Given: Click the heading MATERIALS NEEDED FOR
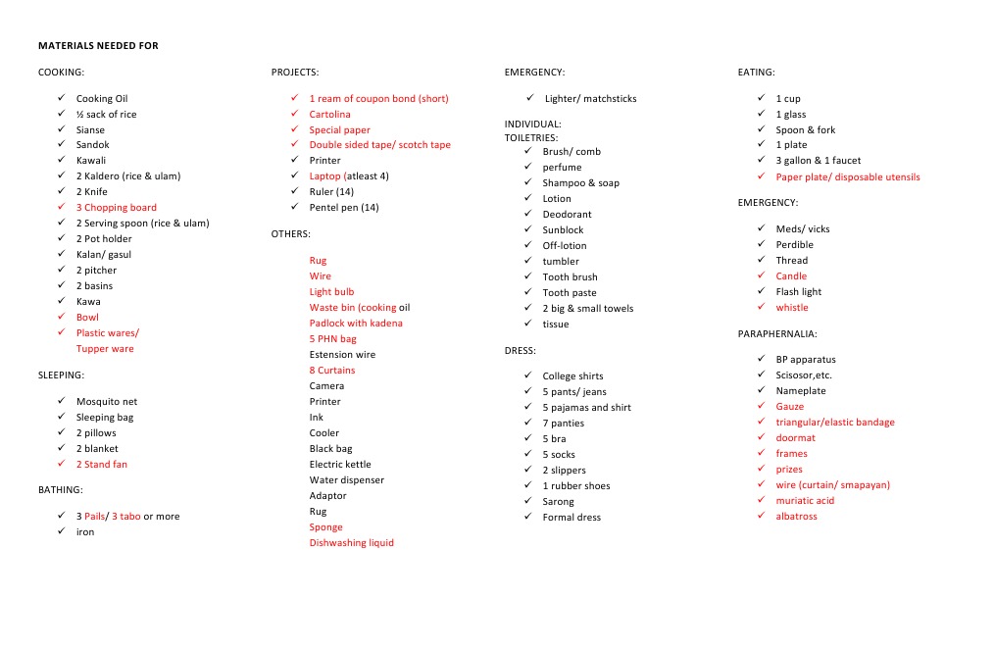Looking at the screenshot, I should [98, 46].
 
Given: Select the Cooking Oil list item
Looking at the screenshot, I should [102, 99].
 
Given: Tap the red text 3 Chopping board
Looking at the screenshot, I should [116, 208].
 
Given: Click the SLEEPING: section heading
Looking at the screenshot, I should [61, 375].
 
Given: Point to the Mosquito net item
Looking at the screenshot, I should [107, 402].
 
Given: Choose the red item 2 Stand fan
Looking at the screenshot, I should [102, 465].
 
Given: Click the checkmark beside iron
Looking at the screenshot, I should [61, 531].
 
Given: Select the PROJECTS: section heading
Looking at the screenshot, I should [295, 73].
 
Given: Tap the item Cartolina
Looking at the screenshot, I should [329, 115].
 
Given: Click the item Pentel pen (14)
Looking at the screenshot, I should [343, 208].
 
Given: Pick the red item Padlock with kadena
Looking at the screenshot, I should [356, 324].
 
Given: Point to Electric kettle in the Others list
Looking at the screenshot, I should [340, 465].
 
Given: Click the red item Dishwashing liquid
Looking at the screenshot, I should [351, 543].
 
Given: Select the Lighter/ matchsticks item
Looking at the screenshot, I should [590, 99].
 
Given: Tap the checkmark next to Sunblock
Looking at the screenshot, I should [527, 229].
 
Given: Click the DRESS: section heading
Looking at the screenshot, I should [520, 351].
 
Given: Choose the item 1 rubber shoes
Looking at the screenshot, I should [576, 486].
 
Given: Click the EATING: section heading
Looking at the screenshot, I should [756, 73].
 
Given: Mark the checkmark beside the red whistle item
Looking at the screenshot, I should [761, 307].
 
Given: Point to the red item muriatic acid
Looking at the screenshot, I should [805, 501].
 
